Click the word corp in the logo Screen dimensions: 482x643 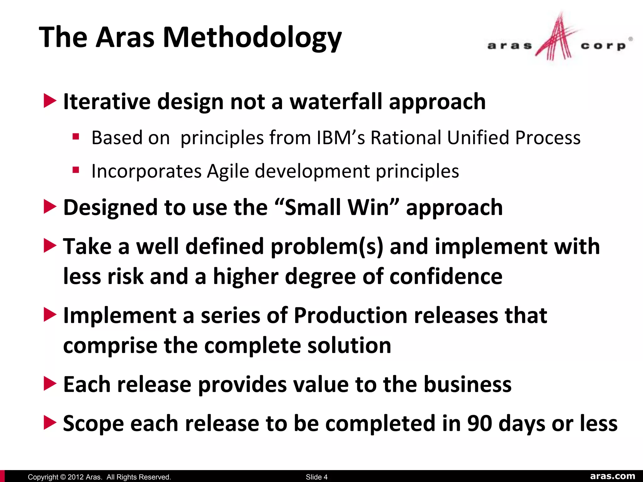603,46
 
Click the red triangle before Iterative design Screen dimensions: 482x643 50,101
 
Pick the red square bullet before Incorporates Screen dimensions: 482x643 76,170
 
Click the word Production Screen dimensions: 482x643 350,315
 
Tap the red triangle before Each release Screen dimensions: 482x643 50,384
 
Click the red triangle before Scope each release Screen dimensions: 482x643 50,423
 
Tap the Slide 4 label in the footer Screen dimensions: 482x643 316,477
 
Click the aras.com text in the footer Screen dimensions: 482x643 613,476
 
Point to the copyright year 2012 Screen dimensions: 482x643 75,477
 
